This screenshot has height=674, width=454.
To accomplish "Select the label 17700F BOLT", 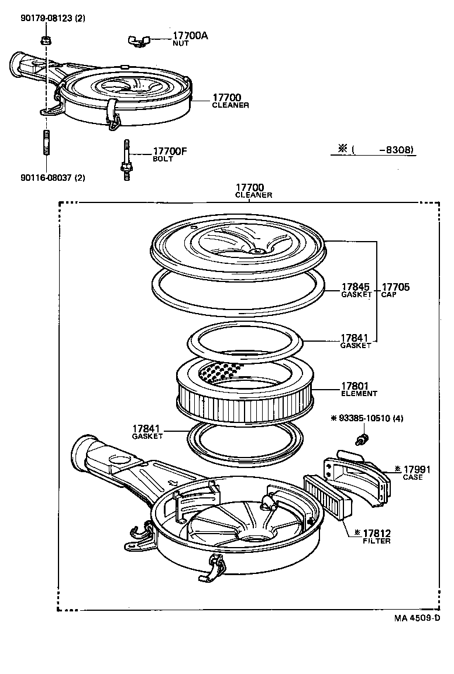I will pyautogui.click(x=169, y=154).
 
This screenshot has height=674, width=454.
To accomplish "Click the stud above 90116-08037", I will pyautogui.click(x=46, y=144).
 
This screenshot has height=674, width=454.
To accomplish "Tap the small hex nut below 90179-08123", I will pyautogui.click(x=46, y=40).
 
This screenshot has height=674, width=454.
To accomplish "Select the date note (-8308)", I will pyautogui.click(x=373, y=150).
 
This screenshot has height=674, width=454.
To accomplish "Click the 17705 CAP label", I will pyautogui.click(x=396, y=290).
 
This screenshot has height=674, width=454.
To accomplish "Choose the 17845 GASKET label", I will pyautogui.click(x=356, y=290).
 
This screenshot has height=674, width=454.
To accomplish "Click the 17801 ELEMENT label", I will pyautogui.click(x=359, y=390).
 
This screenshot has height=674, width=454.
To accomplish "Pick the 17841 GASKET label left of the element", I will pyautogui.click(x=147, y=432).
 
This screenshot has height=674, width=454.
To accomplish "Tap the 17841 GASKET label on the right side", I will pyautogui.click(x=356, y=341).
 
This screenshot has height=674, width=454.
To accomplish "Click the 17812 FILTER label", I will pyautogui.click(x=376, y=536).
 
